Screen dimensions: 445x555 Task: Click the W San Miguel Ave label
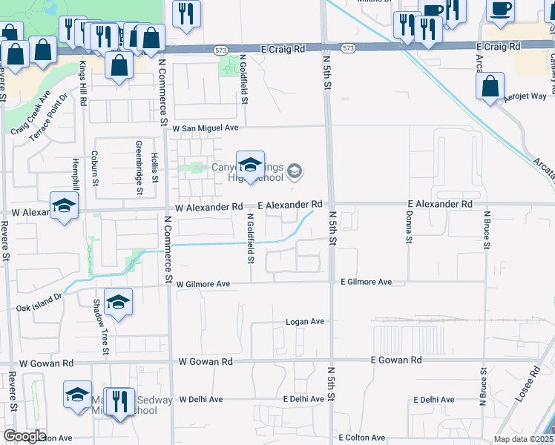tap(206, 128)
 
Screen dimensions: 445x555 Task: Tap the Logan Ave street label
tap(306, 322)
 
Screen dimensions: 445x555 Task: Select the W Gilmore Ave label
tap(203, 283)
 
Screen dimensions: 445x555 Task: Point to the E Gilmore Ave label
tap(366, 282)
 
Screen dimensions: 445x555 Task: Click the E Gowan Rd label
tap(396, 360)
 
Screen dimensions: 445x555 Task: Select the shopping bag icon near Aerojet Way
tap(490, 87)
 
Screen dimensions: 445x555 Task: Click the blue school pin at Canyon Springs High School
tap(250, 164)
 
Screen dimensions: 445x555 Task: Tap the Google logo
tap(24, 436)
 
